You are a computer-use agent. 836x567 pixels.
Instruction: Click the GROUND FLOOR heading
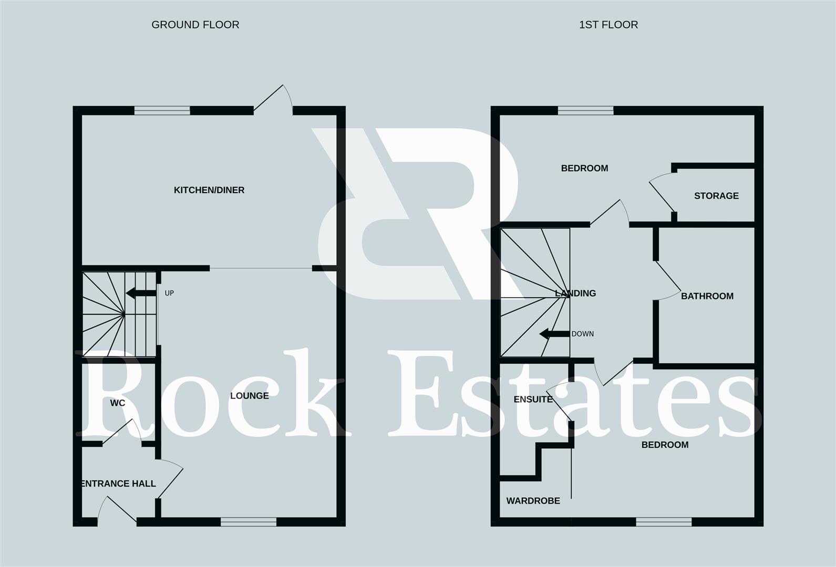click(x=195, y=25)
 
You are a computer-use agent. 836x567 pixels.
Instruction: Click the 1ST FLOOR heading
click(x=608, y=25)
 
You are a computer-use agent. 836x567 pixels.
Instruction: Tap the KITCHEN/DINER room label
click(x=209, y=190)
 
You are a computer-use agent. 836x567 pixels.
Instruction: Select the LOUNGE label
click(x=249, y=396)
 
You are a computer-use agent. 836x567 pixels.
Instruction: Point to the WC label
click(x=118, y=403)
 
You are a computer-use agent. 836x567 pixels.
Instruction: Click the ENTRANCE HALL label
click(x=119, y=484)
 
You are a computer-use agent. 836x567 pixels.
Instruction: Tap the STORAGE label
click(x=716, y=196)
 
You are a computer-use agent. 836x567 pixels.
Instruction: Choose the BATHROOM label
click(x=707, y=296)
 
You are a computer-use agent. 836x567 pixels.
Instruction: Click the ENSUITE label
click(x=533, y=400)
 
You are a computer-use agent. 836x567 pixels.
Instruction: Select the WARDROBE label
click(x=533, y=501)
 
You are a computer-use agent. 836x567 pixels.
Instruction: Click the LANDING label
click(x=575, y=293)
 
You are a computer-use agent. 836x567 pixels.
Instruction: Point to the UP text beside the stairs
click(x=169, y=293)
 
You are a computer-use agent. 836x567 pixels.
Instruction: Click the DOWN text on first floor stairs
click(x=582, y=334)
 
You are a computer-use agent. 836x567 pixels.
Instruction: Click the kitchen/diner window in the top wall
click(x=162, y=110)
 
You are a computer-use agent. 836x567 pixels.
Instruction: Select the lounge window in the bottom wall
click(x=248, y=521)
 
